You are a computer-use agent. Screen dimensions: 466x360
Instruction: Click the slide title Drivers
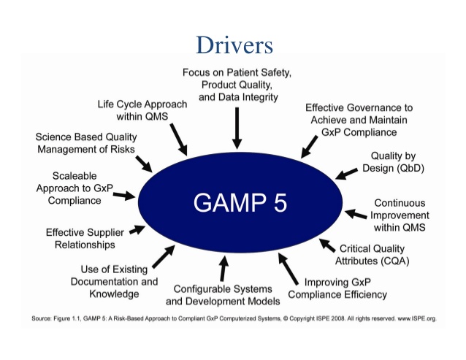tap(234, 45)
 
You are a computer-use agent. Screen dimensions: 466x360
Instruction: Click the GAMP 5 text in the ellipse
tap(240, 202)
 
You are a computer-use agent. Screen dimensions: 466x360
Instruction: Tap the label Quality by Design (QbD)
tap(393, 162)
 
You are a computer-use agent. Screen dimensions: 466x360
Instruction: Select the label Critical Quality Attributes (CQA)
tap(372, 255)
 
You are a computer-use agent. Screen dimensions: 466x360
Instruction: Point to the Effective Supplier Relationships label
tap(85, 238)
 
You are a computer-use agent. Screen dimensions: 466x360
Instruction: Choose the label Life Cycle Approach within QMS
tap(142, 110)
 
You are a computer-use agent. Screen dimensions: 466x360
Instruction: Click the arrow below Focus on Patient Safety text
tap(237, 128)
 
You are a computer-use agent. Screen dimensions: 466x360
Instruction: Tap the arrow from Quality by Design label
tap(346, 174)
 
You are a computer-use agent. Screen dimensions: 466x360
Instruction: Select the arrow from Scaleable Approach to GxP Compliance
tap(124, 196)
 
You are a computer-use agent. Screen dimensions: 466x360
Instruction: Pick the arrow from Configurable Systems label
tap(224, 268)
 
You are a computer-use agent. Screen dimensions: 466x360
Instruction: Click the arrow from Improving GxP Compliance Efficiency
tap(288, 269)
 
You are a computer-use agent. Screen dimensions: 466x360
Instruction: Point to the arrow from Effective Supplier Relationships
tap(137, 230)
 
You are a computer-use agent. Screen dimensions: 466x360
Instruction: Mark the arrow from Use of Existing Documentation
tap(164, 256)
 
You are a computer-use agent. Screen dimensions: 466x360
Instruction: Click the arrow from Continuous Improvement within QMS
tap(356, 213)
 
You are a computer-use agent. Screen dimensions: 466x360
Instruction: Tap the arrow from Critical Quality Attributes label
tap(327, 245)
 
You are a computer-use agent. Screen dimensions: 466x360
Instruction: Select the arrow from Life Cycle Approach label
tap(179, 139)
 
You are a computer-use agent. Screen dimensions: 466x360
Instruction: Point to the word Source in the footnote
tap(42, 318)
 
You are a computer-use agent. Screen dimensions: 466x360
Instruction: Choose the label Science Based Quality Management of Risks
tap(86, 143)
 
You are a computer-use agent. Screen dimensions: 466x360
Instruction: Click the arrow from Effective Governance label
tap(309, 147)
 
